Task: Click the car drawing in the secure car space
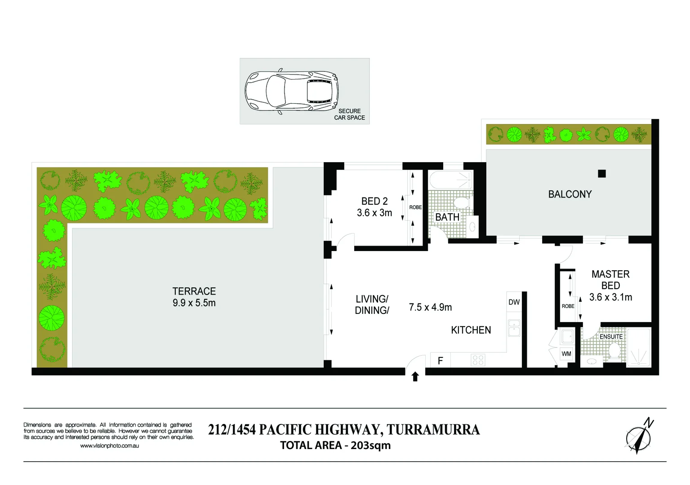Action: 291,91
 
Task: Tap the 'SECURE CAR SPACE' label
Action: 349,114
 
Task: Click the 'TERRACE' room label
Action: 194,291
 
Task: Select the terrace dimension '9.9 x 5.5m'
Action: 194,303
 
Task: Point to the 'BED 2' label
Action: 374,201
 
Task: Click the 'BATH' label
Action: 447,217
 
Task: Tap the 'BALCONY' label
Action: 570,194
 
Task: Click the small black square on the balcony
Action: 602,174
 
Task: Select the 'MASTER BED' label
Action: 610,280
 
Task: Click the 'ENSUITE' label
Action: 611,336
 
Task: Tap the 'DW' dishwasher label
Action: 514,302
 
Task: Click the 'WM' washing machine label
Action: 566,354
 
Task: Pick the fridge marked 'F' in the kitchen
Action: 441,360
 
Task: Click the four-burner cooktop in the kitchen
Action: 478,360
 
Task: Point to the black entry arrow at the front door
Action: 415,377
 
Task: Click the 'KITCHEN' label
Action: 471,330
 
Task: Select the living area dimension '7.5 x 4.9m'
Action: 430,307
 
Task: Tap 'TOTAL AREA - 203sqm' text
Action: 335,445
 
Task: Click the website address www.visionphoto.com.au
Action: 109,446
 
